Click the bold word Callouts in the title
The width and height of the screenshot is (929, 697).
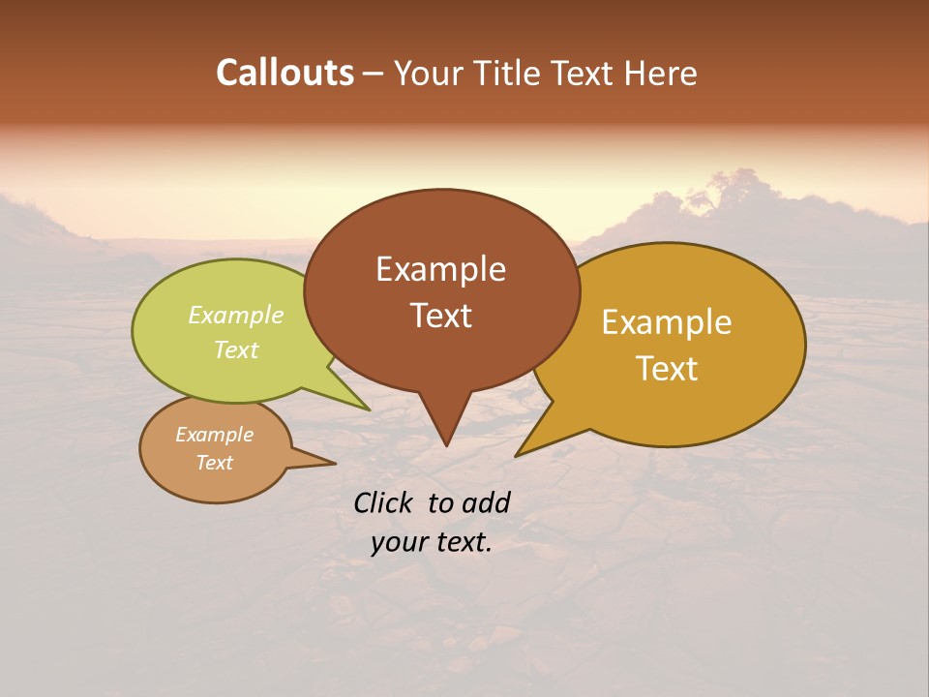coord(285,73)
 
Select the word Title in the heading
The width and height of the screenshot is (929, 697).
coord(511,73)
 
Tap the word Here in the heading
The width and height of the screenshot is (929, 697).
coord(662,73)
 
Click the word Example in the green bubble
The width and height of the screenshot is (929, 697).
coord(236,315)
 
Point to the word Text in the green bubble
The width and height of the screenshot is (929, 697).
coord(236,349)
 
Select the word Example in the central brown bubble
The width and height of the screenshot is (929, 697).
coord(440,269)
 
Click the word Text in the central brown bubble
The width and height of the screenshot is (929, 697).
coord(440,316)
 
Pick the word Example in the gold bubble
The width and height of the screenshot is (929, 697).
coord(667,322)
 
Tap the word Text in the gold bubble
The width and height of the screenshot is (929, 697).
coord(667,369)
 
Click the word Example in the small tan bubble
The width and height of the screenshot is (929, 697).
coord(215,435)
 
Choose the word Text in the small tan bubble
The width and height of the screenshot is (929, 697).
coord(215,463)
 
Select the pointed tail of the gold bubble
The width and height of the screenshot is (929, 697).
coord(520,452)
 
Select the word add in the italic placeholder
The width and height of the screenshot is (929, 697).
coord(486,502)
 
